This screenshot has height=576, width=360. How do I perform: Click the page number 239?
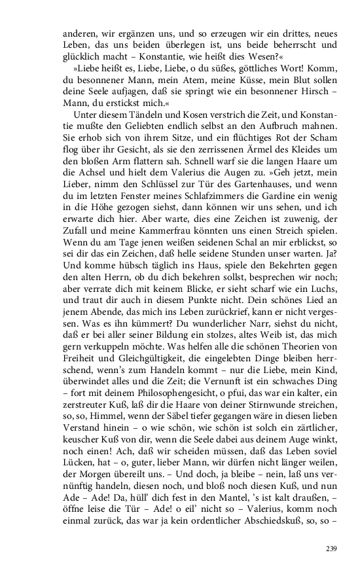pos(331,548)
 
